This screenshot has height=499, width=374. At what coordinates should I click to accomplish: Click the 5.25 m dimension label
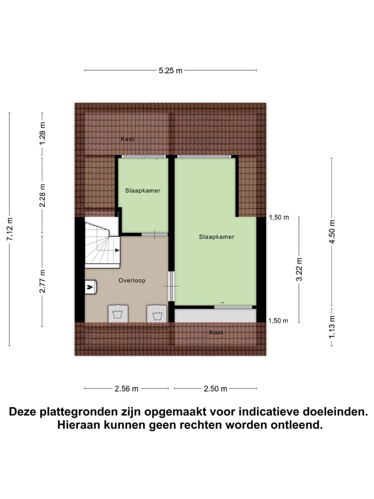170,71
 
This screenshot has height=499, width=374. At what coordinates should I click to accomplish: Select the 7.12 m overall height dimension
9,229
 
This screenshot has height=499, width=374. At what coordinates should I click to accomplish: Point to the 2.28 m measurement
43,196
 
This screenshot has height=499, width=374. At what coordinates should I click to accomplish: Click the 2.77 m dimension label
43,281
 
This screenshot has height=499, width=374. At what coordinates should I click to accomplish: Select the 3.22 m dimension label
299,269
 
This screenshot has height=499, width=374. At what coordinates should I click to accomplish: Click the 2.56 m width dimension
127,388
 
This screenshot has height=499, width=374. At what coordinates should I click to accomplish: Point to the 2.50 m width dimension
216,388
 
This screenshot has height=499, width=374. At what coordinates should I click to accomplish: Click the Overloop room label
131,280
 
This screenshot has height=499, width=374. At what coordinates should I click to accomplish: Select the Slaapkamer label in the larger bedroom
216,237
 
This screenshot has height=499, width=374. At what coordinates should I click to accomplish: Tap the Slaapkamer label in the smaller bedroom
143,190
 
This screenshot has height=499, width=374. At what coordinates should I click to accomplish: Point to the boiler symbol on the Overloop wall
90,286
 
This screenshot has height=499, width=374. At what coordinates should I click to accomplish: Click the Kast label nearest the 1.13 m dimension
216,332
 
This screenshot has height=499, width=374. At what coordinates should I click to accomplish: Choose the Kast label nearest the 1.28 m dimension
128,139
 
